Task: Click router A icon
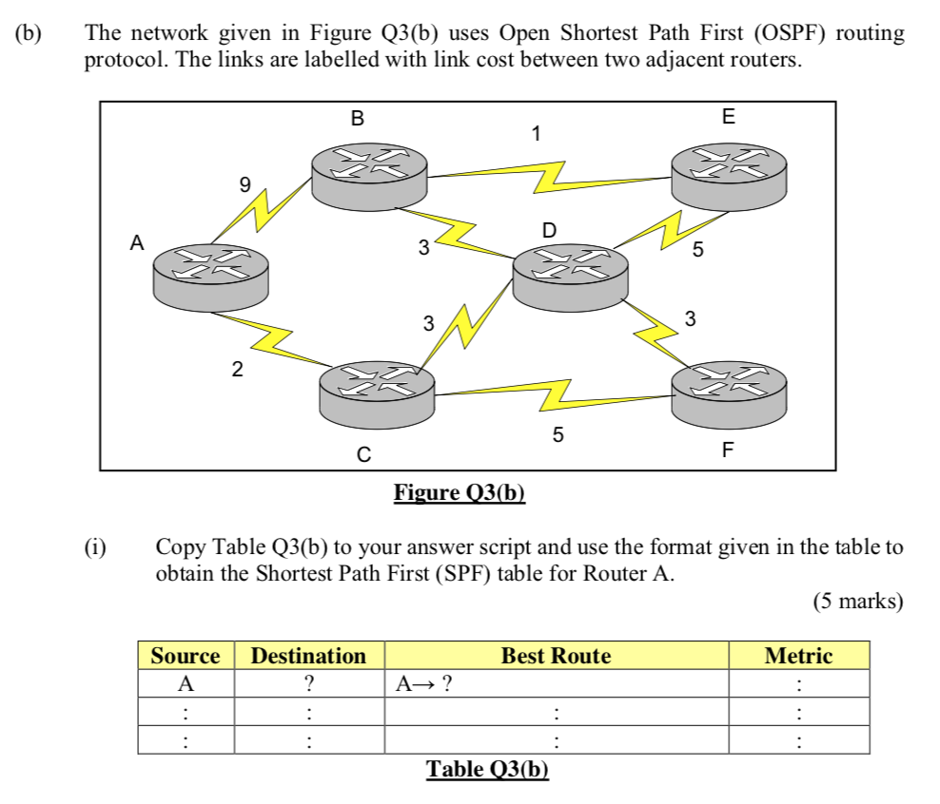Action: coord(211,274)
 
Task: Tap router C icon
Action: coord(377,392)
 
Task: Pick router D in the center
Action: coord(570,274)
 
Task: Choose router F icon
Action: coord(729,392)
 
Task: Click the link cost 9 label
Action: coord(245,185)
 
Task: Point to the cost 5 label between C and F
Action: coord(558,435)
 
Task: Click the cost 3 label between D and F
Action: coord(691,318)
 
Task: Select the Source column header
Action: coord(186,656)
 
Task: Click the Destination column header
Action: coord(308,656)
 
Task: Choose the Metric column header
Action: coord(798,656)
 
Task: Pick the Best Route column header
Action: coord(556,656)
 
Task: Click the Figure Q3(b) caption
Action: coord(460,493)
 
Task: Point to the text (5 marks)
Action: coord(857,602)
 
